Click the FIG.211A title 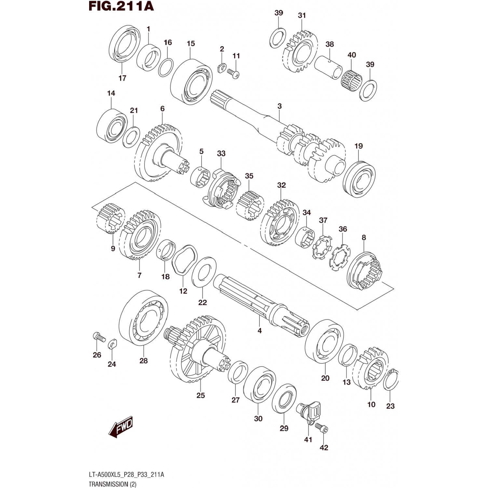tap(121, 6)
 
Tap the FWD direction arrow tap(121, 427)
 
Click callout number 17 tap(122, 78)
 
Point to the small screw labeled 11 tap(233, 73)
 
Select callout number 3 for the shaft tap(279, 106)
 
